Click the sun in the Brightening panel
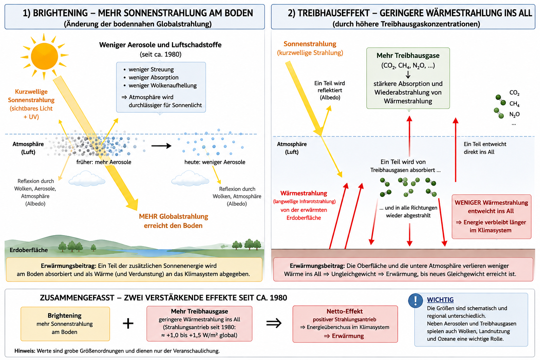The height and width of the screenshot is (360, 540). [44, 56]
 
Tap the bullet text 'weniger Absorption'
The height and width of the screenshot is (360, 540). [154, 77]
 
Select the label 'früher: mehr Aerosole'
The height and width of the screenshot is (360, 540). [104, 162]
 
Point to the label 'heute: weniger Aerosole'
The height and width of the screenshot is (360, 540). [215, 162]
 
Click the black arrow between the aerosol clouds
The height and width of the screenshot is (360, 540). [161, 146]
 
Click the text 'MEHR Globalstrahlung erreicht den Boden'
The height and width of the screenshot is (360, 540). [173, 221]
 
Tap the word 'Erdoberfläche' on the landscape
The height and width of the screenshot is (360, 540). [29, 250]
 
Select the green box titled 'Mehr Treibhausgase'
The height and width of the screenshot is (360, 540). [408, 78]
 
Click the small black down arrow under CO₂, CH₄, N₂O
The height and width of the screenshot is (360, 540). [408, 75]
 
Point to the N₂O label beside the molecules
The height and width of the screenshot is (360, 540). [514, 114]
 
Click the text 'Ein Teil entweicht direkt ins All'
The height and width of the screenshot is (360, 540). [485, 148]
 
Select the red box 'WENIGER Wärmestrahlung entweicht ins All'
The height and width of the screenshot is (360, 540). [491, 217]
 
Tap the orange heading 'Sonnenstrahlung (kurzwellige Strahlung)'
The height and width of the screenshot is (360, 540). [310, 48]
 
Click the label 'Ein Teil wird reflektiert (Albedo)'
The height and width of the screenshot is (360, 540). [329, 90]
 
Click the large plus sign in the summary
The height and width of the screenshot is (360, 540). [128, 323]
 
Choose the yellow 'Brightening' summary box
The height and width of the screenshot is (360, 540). [65, 324]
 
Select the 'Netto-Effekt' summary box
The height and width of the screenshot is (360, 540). [345, 324]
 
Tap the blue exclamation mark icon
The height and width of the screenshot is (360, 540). [415, 301]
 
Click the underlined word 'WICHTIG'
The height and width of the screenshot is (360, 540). [440, 300]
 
